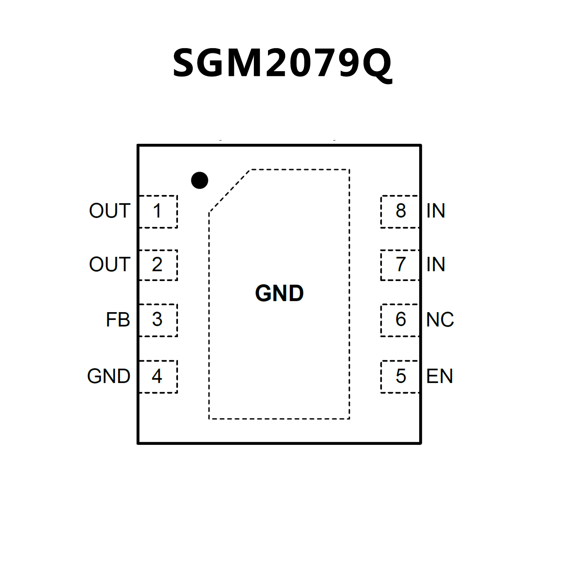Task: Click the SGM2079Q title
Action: pos(282,63)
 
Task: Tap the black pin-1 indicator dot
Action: pos(199,181)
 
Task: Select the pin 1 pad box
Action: pos(158,211)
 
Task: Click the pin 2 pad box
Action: pos(158,265)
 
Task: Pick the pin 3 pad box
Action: pos(158,320)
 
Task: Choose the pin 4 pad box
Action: pos(158,376)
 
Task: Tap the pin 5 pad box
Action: pos(400,376)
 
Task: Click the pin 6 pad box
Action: pos(400,320)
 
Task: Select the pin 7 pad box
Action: pos(400,265)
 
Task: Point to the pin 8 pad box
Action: pos(400,211)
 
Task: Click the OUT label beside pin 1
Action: pos(110,211)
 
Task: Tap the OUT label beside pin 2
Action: pos(110,265)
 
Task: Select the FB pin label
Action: pos(118,320)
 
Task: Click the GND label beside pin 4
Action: pos(109,376)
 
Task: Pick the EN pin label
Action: pos(440,376)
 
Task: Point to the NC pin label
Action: pos(440,320)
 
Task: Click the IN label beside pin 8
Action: pos(436,211)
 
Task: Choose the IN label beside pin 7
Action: pos(436,265)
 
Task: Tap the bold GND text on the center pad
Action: pos(279,293)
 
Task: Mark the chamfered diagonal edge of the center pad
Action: pos(230,191)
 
